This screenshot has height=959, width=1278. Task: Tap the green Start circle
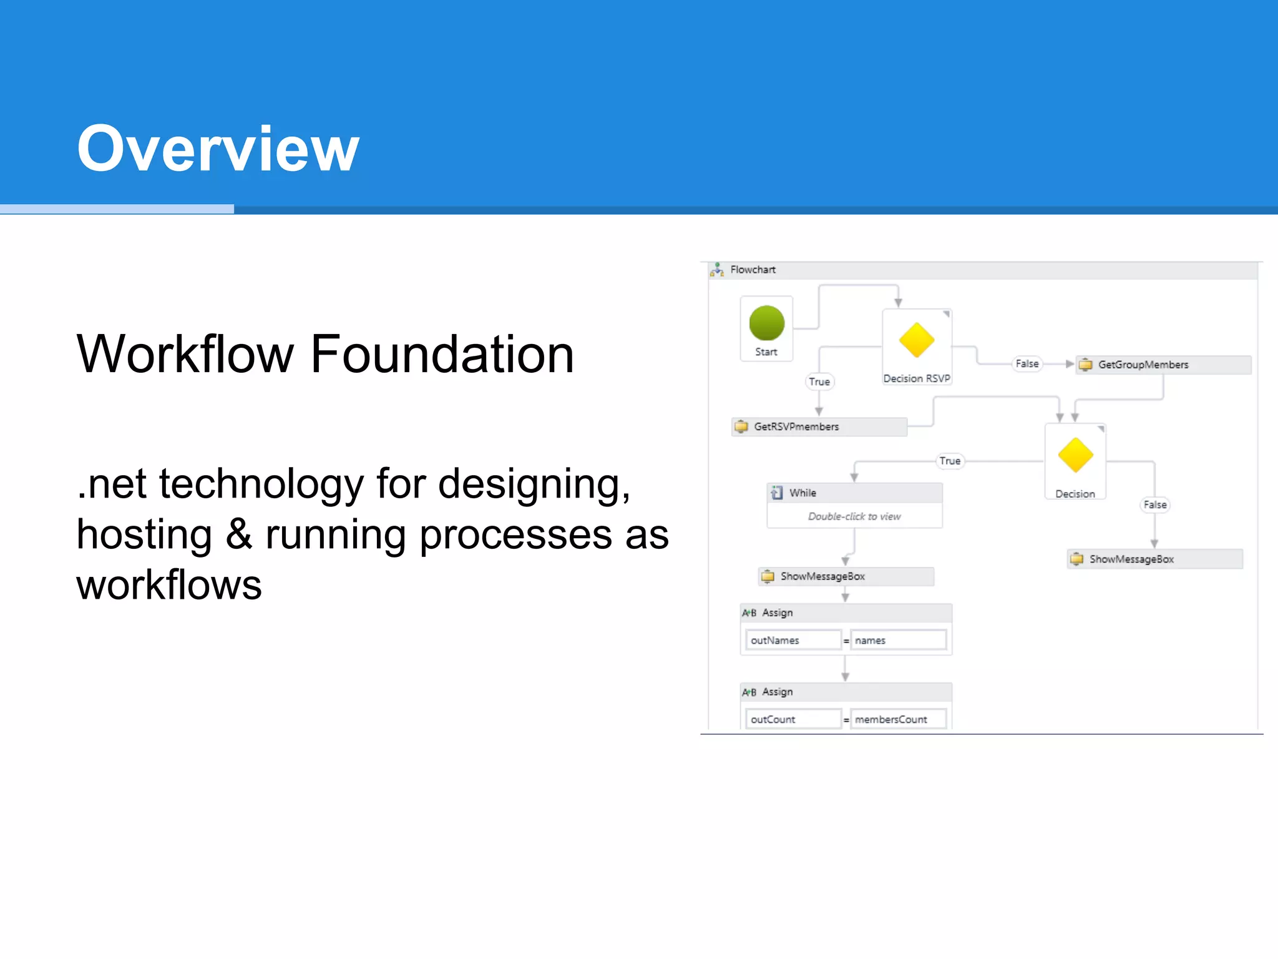tap(766, 323)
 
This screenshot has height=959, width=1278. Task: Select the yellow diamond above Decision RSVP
tap(916, 340)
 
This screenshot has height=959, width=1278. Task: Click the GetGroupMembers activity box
tap(1163, 365)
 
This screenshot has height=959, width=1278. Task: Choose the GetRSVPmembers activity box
tap(819, 427)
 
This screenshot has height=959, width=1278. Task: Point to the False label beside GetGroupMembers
tap(1027, 364)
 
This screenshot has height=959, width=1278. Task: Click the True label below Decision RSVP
tap(819, 381)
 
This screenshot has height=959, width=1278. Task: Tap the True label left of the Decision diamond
tap(950, 461)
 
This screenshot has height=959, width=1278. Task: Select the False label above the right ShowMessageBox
tap(1155, 504)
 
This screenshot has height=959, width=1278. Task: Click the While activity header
tap(854, 493)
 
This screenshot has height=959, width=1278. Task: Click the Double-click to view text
tap(854, 516)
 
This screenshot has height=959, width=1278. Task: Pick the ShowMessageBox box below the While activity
tap(846, 576)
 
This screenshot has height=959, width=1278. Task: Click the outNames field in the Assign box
tap(793, 641)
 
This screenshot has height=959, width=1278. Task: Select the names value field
tap(898, 641)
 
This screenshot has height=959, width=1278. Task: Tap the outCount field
tap(793, 719)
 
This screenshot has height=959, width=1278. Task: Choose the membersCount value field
tap(898, 719)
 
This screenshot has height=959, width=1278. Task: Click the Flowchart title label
tap(753, 270)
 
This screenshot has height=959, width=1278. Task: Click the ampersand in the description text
tap(239, 535)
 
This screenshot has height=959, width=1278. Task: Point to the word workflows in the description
tap(169, 585)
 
